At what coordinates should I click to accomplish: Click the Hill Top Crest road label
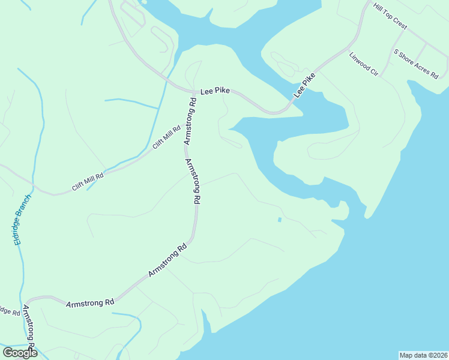(390, 17)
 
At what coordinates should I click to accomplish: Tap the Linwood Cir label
(363, 64)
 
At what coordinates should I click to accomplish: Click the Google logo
(20, 352)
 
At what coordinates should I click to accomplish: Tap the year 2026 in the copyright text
(438, 355)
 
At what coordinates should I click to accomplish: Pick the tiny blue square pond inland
(280, 220)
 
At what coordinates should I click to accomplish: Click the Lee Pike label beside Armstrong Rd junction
(215, 90)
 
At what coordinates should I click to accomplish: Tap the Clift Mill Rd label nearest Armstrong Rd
(166, 137)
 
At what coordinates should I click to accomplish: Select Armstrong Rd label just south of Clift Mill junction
(193, 182)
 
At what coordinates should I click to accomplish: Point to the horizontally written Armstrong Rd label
(90, 304)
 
